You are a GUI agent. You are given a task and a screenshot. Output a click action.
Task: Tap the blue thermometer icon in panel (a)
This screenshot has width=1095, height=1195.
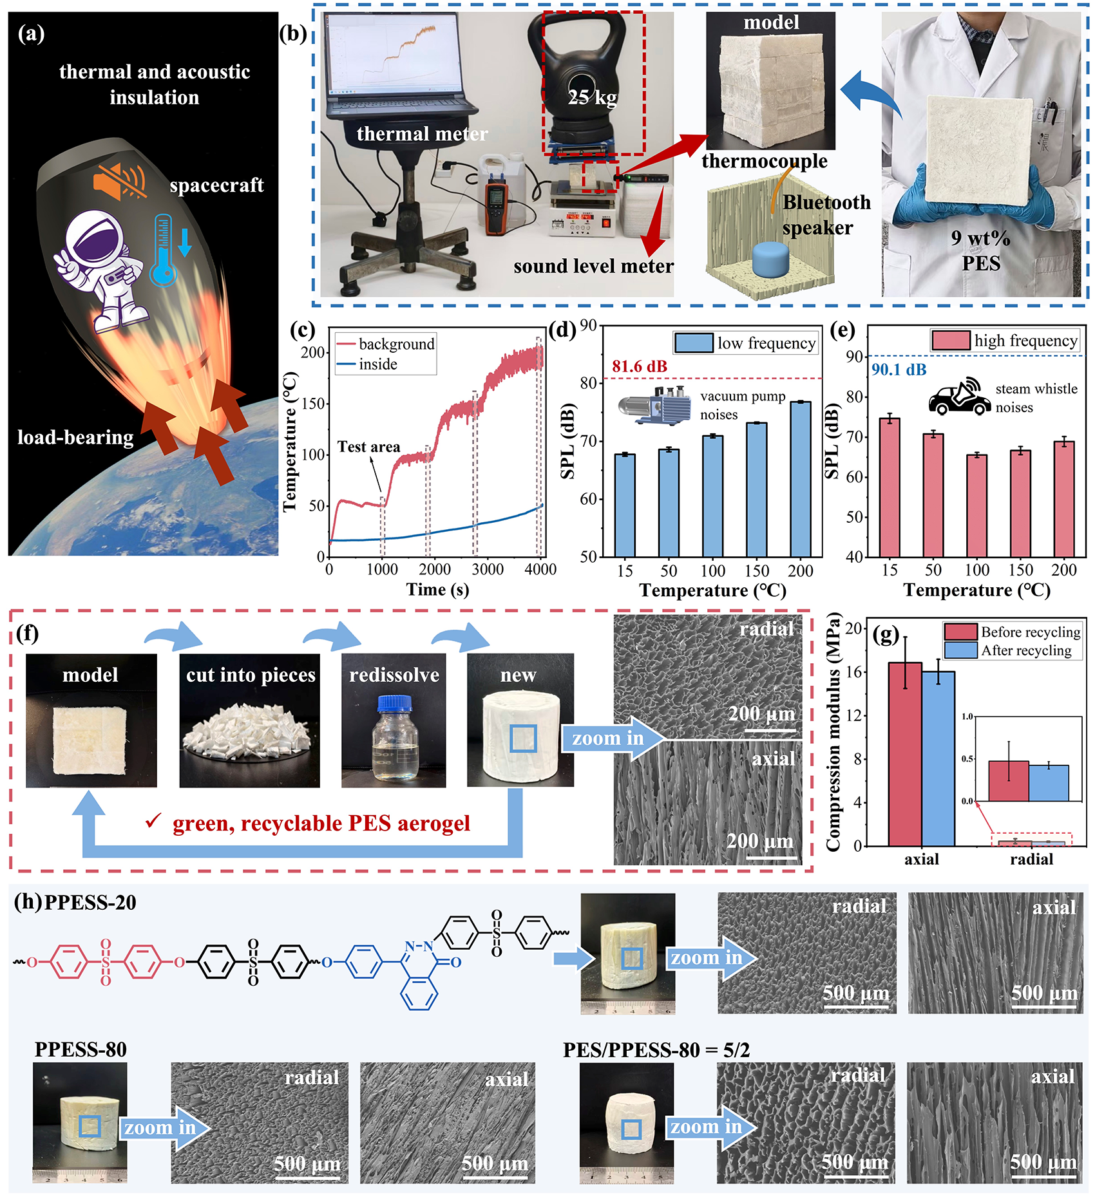tap(163, 250)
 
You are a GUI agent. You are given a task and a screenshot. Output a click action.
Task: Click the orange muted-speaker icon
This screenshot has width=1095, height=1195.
tap(119, 179)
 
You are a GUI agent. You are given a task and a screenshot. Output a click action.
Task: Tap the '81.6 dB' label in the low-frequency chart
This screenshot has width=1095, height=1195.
tap(639, 366)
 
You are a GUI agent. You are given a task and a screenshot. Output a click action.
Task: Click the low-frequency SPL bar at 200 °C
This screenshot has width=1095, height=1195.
tap(801, 479)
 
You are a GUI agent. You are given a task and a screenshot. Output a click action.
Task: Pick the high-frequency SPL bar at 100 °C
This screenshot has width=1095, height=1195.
tap(976, 505)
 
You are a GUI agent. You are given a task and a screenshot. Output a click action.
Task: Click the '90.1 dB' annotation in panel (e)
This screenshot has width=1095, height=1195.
tap(899, 370)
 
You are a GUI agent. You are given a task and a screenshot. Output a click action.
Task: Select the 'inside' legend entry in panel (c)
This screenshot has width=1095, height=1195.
tap(367, 364)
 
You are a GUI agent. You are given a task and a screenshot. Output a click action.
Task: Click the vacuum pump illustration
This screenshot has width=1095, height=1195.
tap(655, 404)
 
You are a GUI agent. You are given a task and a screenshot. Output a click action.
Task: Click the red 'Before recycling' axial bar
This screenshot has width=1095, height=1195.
tap(905, 754)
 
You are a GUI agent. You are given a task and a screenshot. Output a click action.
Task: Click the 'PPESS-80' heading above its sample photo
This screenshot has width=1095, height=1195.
tap(81, 1049)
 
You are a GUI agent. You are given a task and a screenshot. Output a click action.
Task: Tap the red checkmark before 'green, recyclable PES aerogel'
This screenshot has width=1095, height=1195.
tap(153, 821)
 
